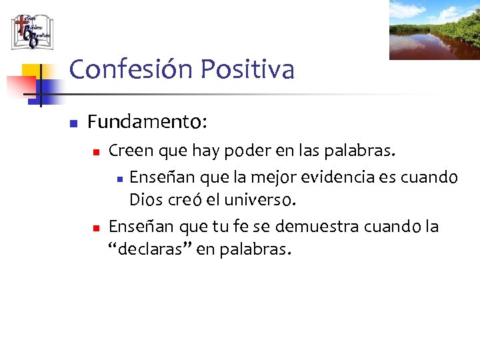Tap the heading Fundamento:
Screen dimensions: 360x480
click(147, 122)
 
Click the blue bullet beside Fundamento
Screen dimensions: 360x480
click(74, 123)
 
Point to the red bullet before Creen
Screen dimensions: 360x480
click(96, 153)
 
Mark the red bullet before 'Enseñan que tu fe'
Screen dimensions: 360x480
click(96, 228)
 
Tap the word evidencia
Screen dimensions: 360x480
click(341, 177)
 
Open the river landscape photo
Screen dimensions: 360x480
click(434, 30)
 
